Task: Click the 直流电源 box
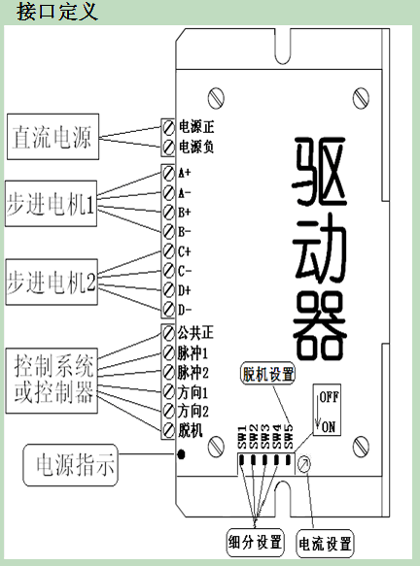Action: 53,137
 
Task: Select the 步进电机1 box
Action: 51,204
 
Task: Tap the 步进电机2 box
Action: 52,282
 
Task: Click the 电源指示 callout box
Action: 71,465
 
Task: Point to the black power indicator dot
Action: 181,454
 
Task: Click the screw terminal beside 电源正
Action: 168,127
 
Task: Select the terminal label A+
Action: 184,173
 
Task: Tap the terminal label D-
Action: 185,310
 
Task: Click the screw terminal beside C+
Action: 168,251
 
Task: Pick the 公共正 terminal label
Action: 195,332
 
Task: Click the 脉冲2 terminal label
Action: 193,372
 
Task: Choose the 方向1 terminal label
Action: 193,392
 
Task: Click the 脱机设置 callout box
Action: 267,373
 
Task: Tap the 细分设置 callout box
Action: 255,542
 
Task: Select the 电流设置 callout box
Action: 325,544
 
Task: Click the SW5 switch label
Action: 289,437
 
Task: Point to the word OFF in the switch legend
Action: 329,397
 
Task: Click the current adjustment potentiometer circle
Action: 303,463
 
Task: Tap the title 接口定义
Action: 57,12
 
